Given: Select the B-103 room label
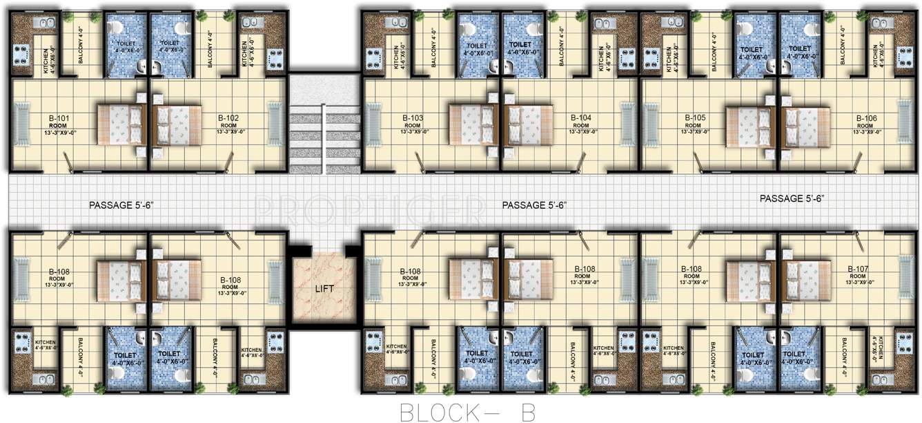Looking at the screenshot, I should [413, 118].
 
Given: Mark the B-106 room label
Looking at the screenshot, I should [866, 118].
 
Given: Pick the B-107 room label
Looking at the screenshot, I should [859, 270].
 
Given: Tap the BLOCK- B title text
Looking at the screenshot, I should [467, 411].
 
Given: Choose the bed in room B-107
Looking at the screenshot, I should [805, 280].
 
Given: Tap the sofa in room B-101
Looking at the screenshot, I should [22, 124].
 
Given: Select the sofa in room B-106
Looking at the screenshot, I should [903, 124].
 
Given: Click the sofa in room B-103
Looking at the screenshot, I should [373, 124].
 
